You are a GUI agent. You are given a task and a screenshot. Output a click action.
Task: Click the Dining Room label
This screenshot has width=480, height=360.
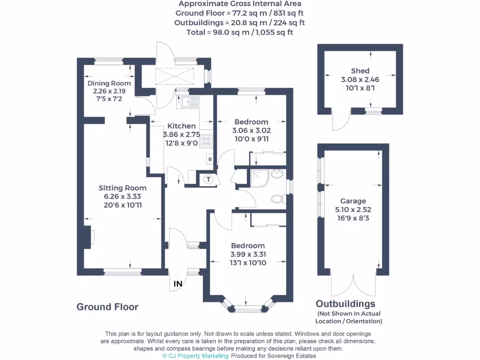(109, 83)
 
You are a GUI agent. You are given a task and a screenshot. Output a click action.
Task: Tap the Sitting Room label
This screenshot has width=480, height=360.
(122, 188)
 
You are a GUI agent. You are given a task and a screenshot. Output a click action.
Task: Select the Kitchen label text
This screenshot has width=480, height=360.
(181, 126)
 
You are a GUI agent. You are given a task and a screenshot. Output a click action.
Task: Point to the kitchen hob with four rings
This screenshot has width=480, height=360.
(207, 142)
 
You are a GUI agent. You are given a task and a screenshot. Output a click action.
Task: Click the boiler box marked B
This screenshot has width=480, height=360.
(210, 159)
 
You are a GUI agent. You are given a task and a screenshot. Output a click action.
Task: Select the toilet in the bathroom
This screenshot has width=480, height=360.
(277, 199)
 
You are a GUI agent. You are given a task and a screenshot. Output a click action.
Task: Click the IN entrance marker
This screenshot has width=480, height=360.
(178, 284)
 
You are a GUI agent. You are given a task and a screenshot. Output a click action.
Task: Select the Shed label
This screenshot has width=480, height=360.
(360, 71)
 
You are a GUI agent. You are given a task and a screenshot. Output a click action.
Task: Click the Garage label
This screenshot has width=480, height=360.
(353, 201)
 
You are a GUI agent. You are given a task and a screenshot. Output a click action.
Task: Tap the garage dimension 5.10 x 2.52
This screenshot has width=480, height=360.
(353, 210)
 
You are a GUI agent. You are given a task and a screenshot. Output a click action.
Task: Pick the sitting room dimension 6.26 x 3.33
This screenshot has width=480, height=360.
(122, 196)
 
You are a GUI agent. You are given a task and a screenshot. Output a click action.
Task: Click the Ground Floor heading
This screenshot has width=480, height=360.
(107, 307)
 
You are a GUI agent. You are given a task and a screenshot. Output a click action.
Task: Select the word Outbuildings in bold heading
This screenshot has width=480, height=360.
(345, 304)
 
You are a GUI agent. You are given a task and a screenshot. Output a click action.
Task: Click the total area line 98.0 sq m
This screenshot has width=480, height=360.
(240, 32)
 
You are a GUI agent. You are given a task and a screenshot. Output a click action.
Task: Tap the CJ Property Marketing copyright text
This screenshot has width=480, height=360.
(195, 356)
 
